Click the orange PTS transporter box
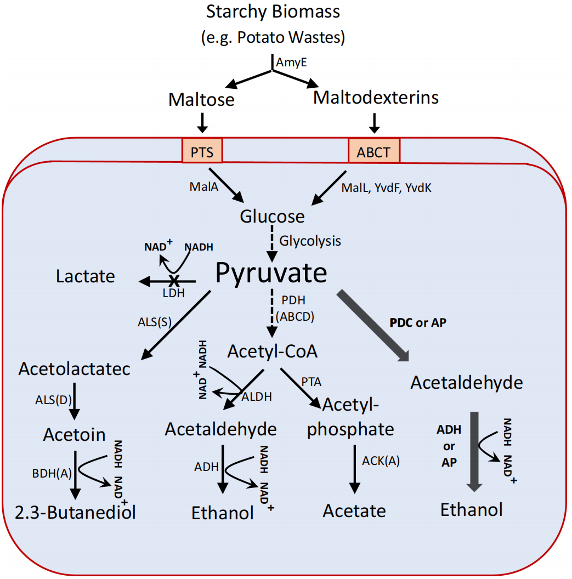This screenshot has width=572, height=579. [202, 151]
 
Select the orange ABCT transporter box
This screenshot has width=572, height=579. [374, 151]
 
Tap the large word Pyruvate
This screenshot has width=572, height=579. [271, 272]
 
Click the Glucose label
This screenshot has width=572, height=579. [272, 217]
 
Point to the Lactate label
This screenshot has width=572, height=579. [86, 276]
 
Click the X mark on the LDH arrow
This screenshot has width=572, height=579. [174, 281]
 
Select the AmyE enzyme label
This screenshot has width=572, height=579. [291, 63]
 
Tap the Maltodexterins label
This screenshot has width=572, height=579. [376, 98]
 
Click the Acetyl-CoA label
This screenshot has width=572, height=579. [273, 350]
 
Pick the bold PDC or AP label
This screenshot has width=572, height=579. [418, 322]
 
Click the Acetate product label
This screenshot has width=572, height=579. [354, 511]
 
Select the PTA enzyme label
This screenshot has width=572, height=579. [312, 381]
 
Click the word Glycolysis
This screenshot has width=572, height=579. [310, 241]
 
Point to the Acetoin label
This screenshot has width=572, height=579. [75, 435]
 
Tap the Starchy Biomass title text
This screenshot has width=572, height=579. [273, 11]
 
